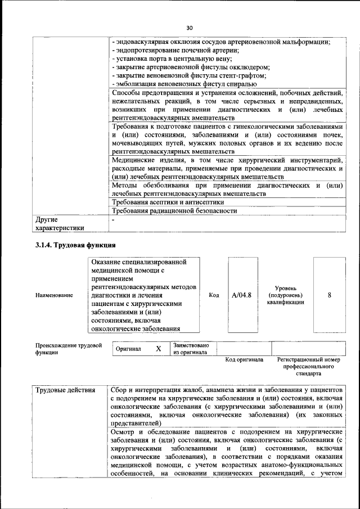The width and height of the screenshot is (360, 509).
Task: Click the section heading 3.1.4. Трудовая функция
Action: coord(75,245)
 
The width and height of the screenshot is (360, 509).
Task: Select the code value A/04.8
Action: coord(242,295)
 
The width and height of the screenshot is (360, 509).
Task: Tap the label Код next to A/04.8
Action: coord(214,295)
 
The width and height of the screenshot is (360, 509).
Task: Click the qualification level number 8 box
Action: coord(329,295)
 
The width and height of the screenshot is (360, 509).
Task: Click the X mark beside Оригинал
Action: coord(158,349)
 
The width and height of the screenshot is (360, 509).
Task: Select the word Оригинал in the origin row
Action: coord(128,349)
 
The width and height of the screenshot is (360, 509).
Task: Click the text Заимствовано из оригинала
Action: coord(191,349)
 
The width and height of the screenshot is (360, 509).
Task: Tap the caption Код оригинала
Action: coord(244,359)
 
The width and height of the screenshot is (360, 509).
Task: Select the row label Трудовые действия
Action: coord(65,390)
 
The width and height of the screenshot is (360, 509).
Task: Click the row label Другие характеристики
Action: coord(60,224)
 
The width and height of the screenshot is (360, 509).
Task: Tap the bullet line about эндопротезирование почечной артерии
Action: coord(172,50)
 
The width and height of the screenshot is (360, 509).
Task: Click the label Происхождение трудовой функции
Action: coord(68,349)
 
